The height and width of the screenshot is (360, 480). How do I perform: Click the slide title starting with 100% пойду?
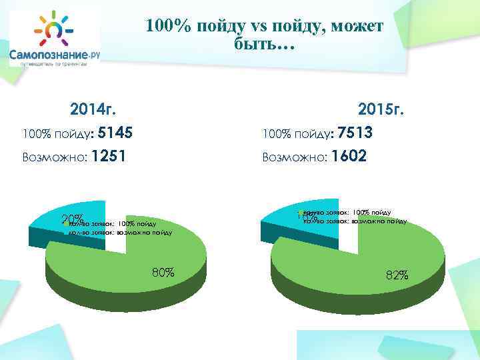264,36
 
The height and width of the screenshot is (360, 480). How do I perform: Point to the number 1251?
108,157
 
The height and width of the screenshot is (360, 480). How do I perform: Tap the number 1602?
348,157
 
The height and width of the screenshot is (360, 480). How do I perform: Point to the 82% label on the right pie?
397,275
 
